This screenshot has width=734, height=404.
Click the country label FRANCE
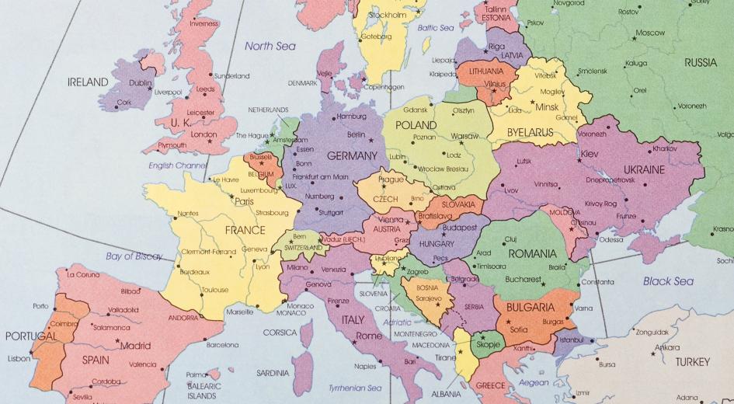click(245, 230)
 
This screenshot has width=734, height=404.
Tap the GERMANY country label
click(353, 155)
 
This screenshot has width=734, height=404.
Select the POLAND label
click(416, 125)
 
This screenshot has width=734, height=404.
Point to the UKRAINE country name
click(644, 169)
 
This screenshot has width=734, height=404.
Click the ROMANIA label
click(532, 253)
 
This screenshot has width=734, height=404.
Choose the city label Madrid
click(135, 346)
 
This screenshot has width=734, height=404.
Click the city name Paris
click(244, 202)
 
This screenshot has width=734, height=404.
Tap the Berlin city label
click(356, 134)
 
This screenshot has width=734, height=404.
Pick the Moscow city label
click(649, 33)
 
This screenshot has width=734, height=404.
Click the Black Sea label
click(668, 281)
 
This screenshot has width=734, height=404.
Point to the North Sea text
click(270, 46)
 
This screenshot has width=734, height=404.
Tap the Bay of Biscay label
click(134, 256)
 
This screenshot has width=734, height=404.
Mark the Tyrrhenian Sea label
click(355, 388)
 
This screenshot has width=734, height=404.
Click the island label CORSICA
click(280, 333)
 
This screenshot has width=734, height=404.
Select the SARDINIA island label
click(273, 372)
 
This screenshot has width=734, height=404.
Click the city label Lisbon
click(19, 359)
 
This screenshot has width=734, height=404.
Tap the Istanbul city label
click(570, 340)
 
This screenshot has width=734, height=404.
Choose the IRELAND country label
click(88, 82)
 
